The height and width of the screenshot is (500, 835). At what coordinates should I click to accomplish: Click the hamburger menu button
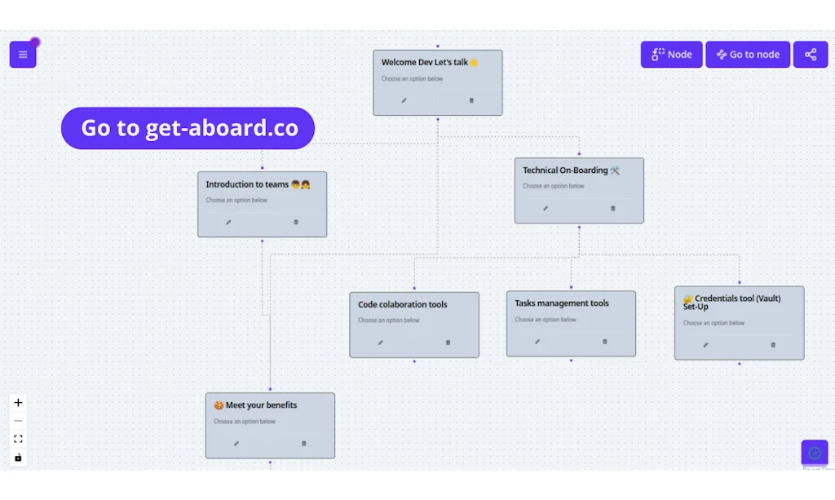23,55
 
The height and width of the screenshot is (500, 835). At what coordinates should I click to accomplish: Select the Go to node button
748,55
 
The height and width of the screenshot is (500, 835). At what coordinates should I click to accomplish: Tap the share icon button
811,55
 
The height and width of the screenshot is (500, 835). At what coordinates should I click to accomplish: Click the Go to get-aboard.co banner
188,128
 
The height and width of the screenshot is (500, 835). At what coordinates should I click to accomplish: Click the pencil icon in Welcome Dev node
404,100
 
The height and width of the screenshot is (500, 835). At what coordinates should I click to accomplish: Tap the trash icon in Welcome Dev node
471,100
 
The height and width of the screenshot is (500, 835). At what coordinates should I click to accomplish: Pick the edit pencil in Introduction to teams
228,222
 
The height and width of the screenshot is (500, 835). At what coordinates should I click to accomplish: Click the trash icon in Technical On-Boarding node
613,208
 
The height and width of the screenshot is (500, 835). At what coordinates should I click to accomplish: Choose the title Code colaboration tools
403,304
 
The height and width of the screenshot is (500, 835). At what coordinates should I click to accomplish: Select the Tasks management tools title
562,303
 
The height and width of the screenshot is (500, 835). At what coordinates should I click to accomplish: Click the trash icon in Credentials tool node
773,344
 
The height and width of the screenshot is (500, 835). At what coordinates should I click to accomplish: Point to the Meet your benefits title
256,405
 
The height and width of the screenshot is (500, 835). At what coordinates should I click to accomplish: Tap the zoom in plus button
19,402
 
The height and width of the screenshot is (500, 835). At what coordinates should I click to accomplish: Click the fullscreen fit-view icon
19,439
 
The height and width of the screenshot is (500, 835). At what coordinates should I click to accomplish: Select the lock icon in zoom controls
19,458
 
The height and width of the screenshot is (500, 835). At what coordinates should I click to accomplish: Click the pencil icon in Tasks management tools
537,342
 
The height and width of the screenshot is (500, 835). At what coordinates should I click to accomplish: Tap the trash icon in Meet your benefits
303,444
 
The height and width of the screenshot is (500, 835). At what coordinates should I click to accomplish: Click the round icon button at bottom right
815,453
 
